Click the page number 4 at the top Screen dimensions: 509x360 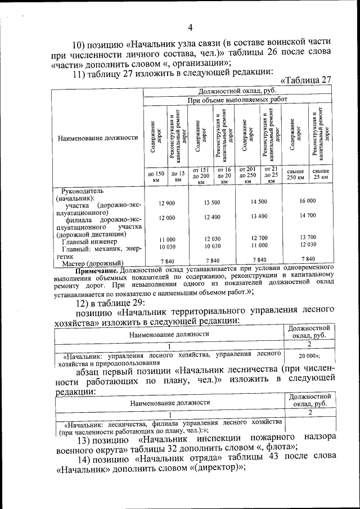(190, 28)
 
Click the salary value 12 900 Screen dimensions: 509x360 (167, 202)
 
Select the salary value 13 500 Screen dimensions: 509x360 (212, 202)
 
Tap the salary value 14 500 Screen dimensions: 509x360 (259, 201)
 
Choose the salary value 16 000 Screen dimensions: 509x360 (308, 201)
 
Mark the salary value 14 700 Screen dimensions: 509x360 (308, 215)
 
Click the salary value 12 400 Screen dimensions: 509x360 (212, 217)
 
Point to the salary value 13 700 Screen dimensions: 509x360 (308, 237)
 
